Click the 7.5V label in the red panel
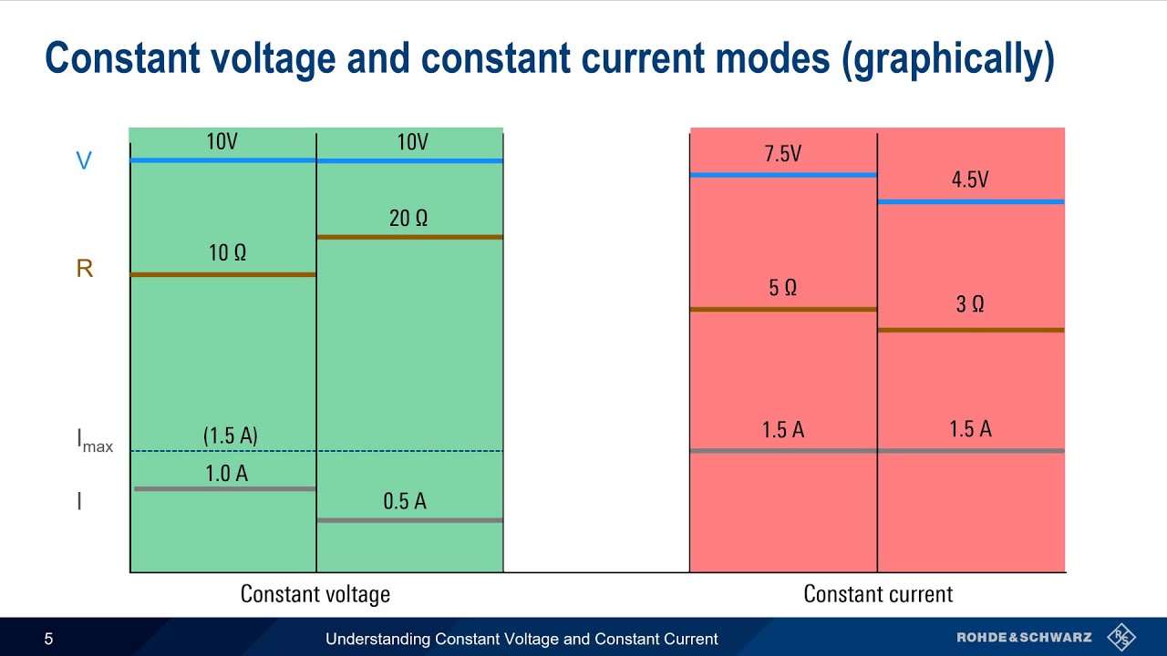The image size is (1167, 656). point(782,154)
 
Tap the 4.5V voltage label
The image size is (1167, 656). point(969,180)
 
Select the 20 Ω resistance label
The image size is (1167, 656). point(408,219)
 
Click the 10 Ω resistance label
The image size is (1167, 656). point(227,253)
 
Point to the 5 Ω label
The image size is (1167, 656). point(782,288)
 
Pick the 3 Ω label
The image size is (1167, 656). point(969,304)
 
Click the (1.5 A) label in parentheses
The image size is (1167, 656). point(230,436)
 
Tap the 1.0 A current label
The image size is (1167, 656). point(226,473)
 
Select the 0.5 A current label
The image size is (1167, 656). point(404,501)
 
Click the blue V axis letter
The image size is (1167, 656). point(83,161)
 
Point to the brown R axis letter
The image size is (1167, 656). point(84,269)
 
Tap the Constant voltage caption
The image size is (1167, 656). point(315,594)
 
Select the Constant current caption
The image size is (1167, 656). point(877,594)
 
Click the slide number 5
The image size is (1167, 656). point(48,639)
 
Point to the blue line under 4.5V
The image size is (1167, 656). point(970,201)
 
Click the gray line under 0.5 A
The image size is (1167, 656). point(409,520)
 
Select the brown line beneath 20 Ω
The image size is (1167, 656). point(409,237)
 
